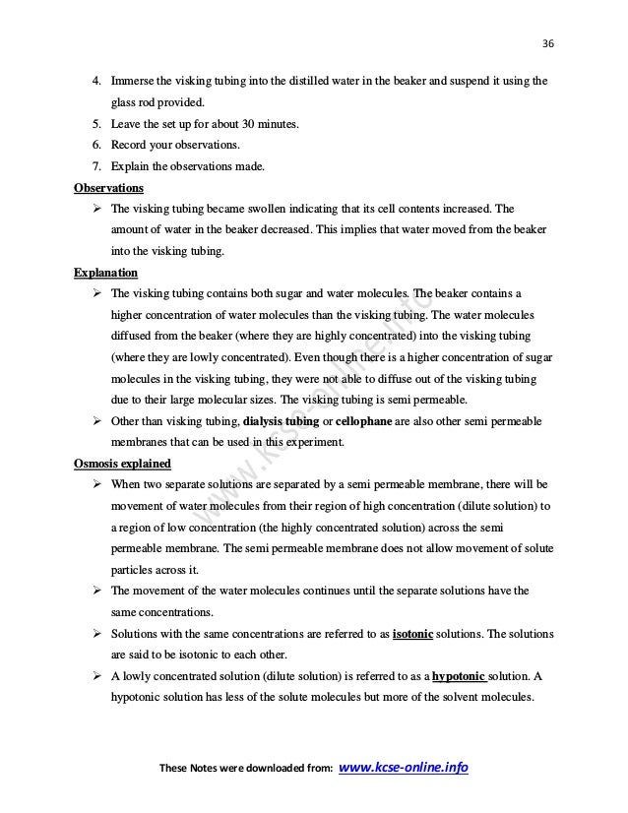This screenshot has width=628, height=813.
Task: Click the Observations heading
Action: point(108,187)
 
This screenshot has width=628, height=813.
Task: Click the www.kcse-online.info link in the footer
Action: point(403,767)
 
